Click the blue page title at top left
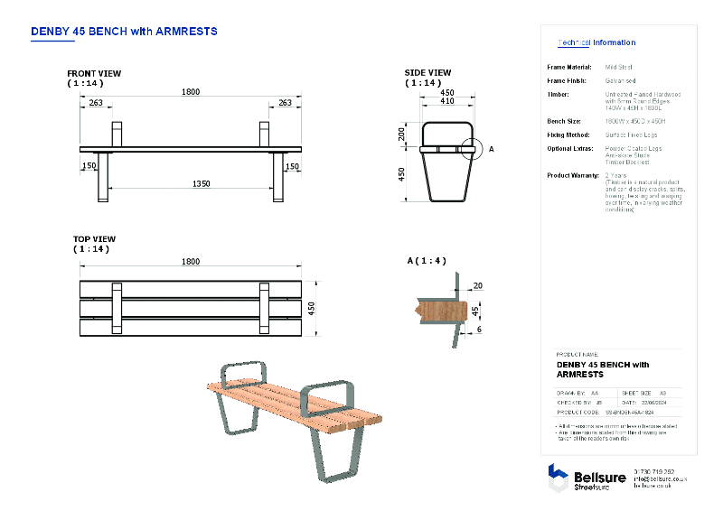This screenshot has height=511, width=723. (x=124, y=31)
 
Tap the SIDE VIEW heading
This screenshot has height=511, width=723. (x=427, y=73)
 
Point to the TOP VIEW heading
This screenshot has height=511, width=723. (x=94, y=240)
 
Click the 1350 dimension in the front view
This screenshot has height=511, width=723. (x=200, y=183)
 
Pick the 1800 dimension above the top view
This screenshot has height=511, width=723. (x=190, y=262)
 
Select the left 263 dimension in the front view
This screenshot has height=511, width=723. (x=96, y=103)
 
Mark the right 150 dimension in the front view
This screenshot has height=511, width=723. (x=292, y=166)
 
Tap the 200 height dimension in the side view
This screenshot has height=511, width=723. (x=402, y=134)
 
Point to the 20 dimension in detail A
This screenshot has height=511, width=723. (x=477, y=285)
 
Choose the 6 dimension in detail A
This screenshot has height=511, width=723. (x=478, y=330)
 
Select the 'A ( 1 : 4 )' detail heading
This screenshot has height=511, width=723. (x=427, y=261)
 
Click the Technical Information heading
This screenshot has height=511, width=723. (x=596, y=42)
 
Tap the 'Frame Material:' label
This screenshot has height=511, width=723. (x=569, y=67)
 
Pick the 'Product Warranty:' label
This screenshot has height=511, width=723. (x=573, y=175)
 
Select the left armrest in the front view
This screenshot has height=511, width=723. (x=117, y=134)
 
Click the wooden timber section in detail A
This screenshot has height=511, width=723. (x=432, y=310)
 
